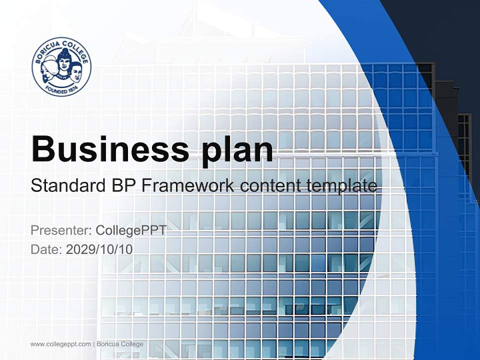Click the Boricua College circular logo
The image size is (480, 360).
coord(61,66)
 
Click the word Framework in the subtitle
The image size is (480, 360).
coord(188,186)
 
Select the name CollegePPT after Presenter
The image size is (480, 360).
coord(130,230)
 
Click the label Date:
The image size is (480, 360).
coord(46,249)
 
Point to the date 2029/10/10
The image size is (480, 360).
coord(99,249)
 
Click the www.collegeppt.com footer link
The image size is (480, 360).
coord(60,344)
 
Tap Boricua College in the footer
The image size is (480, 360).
coord(120,344)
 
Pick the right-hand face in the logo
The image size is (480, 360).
coord(75,73)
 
